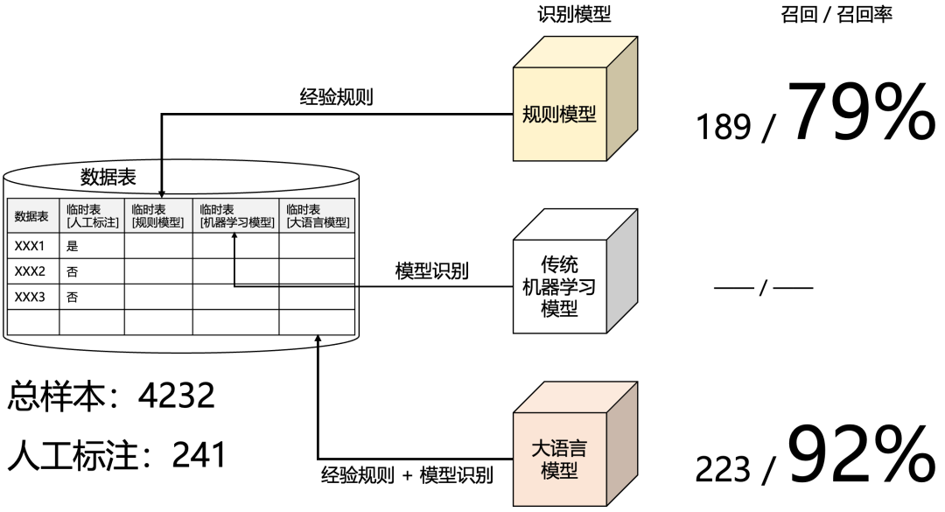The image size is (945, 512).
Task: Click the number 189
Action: click(724, 128)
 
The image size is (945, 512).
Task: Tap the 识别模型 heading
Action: click(574, 14)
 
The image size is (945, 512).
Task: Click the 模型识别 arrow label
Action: click(431, 270)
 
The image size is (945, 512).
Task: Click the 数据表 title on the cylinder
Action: click(108, 178)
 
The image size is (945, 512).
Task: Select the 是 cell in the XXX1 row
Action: click(73, 246)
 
